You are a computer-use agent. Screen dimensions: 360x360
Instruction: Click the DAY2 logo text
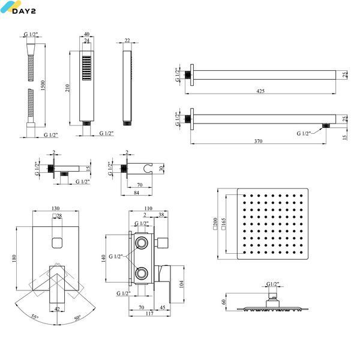24,11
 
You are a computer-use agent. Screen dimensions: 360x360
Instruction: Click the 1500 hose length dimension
43,85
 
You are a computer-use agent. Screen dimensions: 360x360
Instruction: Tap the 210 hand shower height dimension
67,88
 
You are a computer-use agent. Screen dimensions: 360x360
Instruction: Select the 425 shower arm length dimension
260,91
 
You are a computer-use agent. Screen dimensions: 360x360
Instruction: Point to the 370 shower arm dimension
258,141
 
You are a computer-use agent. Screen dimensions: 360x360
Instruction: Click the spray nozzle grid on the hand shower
86,68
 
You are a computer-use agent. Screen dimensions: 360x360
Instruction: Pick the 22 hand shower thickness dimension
127,40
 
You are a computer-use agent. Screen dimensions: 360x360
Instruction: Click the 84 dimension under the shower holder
136,193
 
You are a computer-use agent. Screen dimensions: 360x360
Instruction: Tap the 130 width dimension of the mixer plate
56,208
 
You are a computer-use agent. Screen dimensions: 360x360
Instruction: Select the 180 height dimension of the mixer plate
14,259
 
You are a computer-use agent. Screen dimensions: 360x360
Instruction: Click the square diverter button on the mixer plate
57,243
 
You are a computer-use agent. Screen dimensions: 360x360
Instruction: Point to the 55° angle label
35,317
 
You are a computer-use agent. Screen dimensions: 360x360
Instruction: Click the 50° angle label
77,318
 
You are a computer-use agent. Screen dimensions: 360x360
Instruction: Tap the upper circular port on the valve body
141,242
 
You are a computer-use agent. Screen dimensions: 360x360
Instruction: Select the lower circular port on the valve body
141,273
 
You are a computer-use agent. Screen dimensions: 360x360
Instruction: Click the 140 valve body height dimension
103,258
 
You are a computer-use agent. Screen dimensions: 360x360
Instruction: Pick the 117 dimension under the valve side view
149,313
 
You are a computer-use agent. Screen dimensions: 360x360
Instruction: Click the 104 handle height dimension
181,284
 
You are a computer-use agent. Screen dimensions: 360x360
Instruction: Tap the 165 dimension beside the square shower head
224,224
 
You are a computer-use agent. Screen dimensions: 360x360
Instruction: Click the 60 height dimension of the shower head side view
224,301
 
